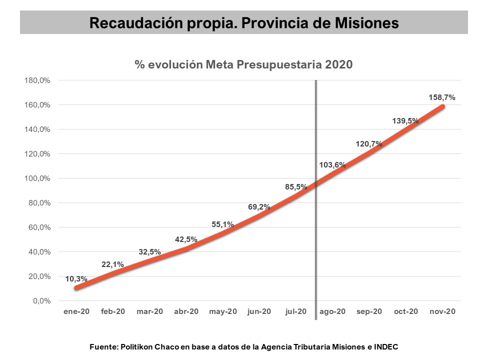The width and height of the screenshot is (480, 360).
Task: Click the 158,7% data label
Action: [x=442, y=97]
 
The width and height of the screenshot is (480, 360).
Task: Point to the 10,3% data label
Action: [x=76, y=278]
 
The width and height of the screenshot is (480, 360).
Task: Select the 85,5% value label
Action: [x=296, y=187]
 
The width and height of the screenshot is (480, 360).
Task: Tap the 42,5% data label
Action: [x=186, y=239]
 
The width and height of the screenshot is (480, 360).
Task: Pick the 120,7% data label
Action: [x=369, y=144]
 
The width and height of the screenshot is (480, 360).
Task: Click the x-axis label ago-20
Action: [x=332, y=311]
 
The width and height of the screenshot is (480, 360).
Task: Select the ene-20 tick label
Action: [x=76, y=311]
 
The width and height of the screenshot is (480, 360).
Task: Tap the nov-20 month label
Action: [x=442, y=311]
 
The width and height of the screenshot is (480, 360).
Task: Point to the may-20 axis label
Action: [x=223, y=311]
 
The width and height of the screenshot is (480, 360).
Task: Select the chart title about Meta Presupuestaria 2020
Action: [x=243, y=64]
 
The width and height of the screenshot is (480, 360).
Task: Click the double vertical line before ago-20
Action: [x=316, y=200]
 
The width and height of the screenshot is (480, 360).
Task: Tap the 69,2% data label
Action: [x=259, y=206]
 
